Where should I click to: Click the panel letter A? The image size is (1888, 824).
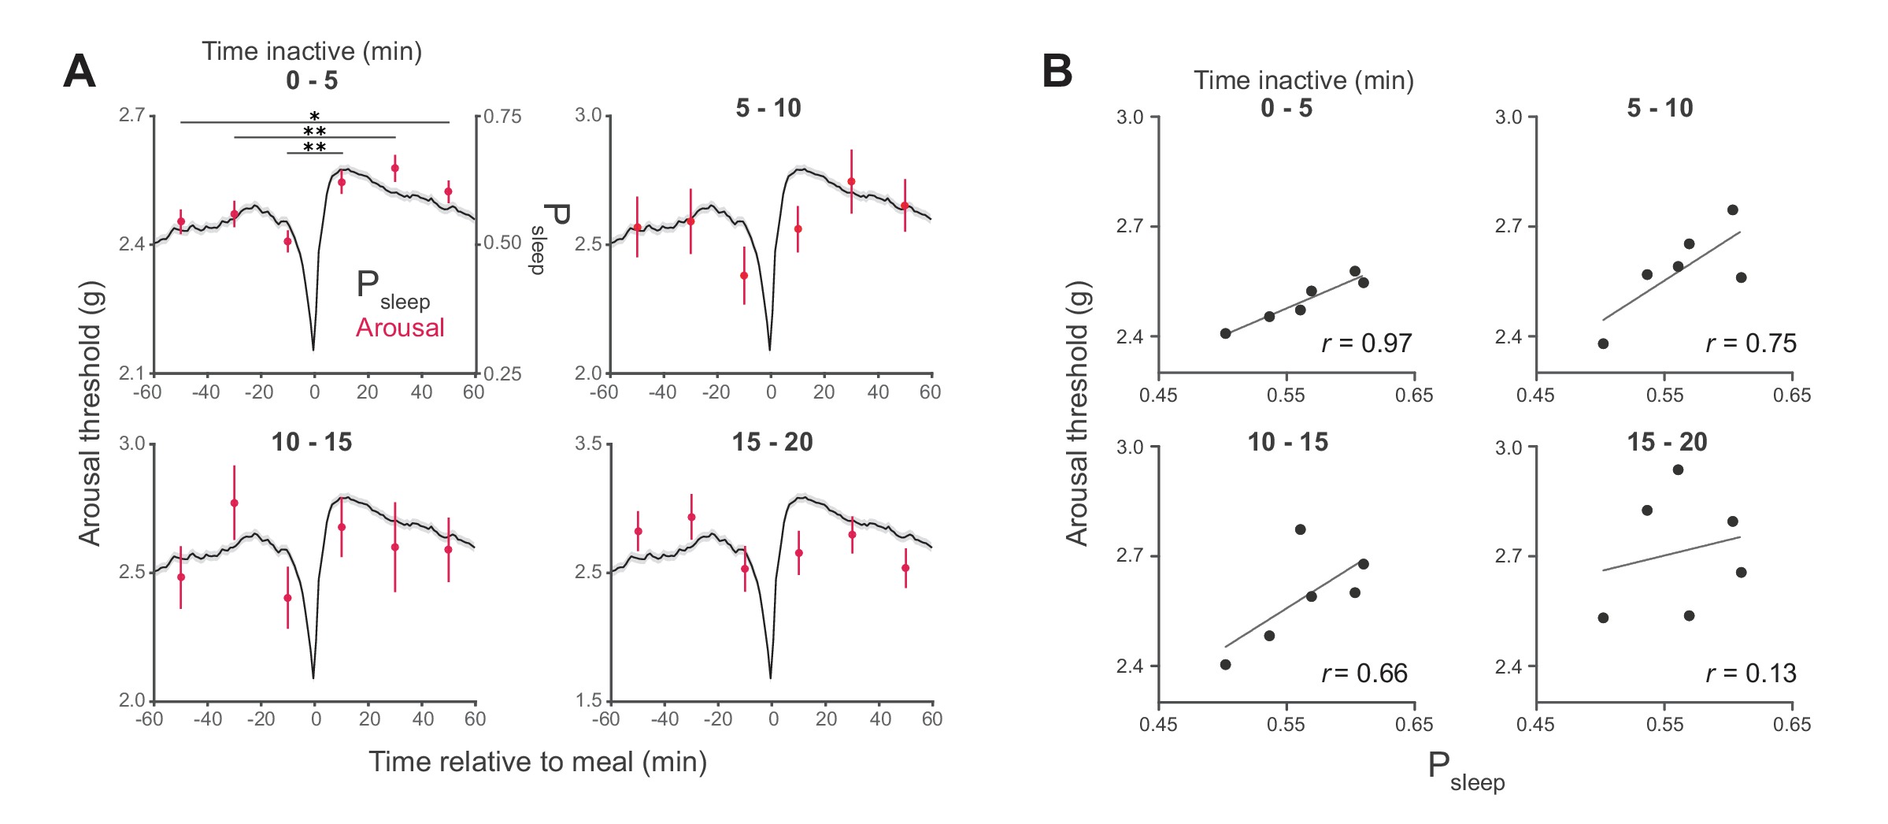[80, 72]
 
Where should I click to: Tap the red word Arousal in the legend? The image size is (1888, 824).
[400, 328]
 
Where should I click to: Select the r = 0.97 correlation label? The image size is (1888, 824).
[1366, 343]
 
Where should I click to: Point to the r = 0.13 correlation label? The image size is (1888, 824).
[1751, 674]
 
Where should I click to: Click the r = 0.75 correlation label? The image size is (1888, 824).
[1751, 343]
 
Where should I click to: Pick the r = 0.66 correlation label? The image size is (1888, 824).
[1364, 674]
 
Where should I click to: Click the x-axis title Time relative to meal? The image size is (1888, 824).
[538, 762]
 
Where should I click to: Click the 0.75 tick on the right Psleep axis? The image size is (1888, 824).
[502, 117]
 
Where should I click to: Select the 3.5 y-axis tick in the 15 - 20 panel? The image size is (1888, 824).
[588, 444]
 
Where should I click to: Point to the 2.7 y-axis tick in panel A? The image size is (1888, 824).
[132, 116]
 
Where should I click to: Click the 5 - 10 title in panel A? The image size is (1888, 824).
[768, 108]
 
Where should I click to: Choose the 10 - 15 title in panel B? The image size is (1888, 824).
[1287, 442]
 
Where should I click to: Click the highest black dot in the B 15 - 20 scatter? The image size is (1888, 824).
[1678, 470]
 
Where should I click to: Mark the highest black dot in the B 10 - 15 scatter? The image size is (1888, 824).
[1300, 529]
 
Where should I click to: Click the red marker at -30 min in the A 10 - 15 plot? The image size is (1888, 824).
[234, 503]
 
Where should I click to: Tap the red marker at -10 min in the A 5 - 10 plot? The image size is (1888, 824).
[744, 276]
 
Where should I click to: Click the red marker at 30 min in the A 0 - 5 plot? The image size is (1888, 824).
[395, 168]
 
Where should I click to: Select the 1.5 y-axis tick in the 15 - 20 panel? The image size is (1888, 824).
[588, 700]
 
